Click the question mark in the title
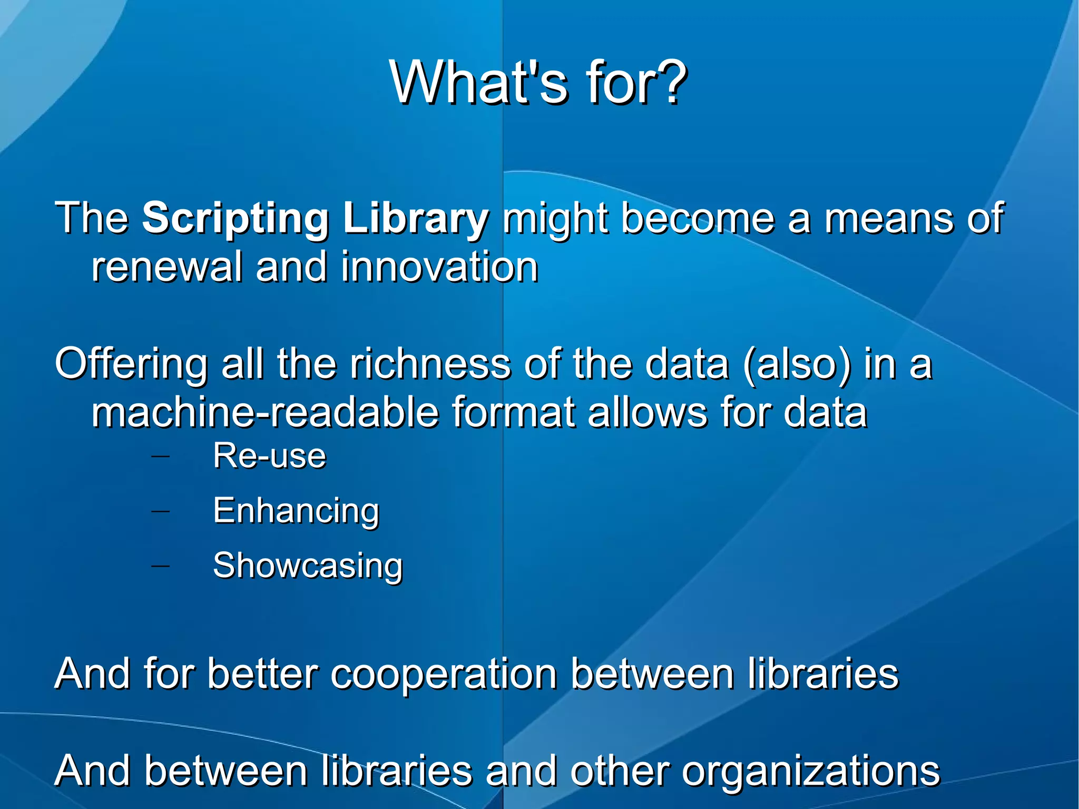pyautogui.click(x=669, y=83)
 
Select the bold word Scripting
pyautogui.click(x=236, y=219)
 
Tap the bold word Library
pyautogui.click(x=416, y=219)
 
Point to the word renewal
pyautogui.click(x=166, y=267)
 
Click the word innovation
pyautogui.click(x=439, y=267)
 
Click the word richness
pyautogui.click(x=430, y=364)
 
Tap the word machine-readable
pyautogui.click(x=265, y=412)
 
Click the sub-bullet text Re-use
pyautogui.click(x=269, y=455)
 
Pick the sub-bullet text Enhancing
pyautogui.click(x=296, y=511)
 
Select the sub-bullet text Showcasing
pyautogui.click(x=308, y=566)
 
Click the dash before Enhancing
pyautogui.click(x=160, y=510)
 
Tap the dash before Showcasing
pyautogui.click(x=160, y=565)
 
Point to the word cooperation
pyautogui.click(x=444, y=675)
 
